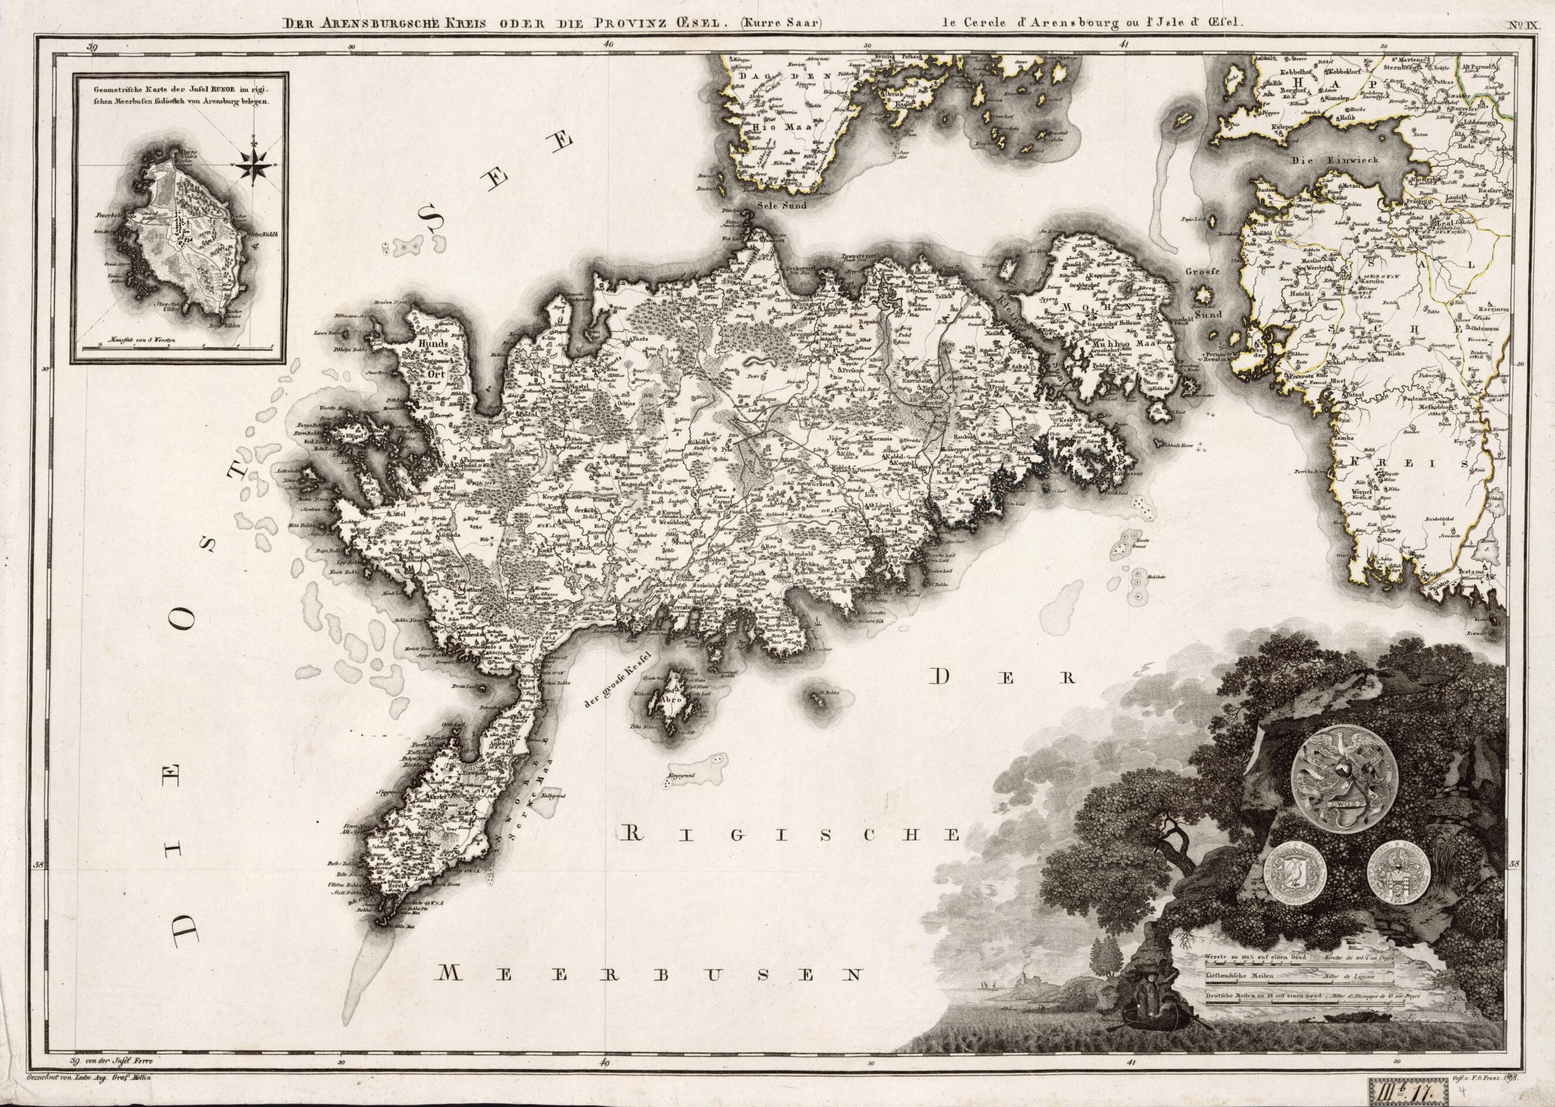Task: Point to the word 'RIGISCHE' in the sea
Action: coord(791,835)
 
